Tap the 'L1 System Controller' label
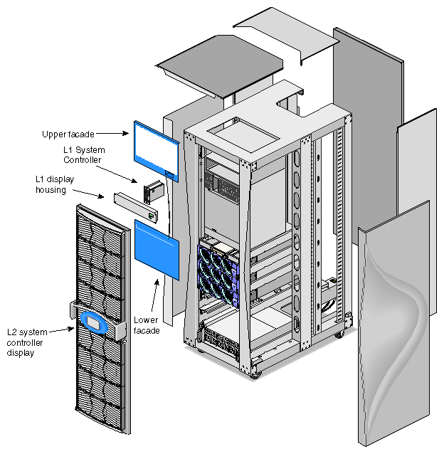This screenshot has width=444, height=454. [x=84, y=155]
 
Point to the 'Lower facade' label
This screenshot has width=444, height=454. [x=147, y=324]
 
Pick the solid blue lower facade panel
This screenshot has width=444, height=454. [x=157, y=248]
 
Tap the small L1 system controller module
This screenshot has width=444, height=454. [x=153, y=192]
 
